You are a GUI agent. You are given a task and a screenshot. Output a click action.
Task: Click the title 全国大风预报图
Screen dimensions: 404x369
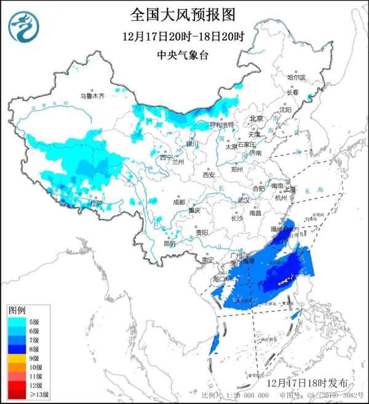pyautogui.click(x=183, y=14)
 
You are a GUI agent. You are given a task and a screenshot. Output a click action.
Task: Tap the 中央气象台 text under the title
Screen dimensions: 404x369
pyautogui.click(x=183, y=54)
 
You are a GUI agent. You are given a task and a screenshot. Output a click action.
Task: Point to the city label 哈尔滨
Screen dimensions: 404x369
pyautogui.click(x=296, y=77)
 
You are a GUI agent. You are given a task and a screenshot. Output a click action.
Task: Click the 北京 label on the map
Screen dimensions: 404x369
pyautogui.click(x=256, y=118)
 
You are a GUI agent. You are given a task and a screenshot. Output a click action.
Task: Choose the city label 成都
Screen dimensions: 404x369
pyautogui.click(x=178, y=201)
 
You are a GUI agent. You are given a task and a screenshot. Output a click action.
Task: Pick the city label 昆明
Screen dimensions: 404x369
pyautogui.click(x=169, y=244)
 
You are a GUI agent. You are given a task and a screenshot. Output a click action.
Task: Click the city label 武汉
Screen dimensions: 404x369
pyautogui.click(x=244, y=200)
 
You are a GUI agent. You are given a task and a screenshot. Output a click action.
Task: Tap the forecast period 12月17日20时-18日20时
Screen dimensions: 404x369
pyautogui.click(x=183, y=36)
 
